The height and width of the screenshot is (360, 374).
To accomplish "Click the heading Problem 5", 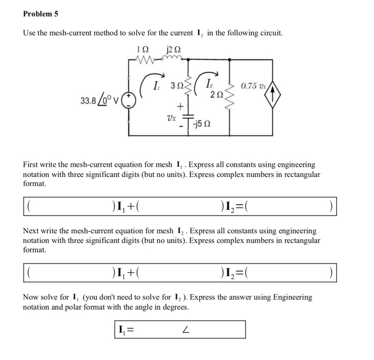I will pos(41,14).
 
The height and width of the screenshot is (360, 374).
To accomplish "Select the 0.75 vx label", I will pos(252,86).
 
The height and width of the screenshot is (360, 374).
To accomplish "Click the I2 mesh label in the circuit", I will pos(211,85).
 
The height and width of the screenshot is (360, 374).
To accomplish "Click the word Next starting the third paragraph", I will pos(32,232).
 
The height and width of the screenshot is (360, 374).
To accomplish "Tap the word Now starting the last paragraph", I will pos(31,297).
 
